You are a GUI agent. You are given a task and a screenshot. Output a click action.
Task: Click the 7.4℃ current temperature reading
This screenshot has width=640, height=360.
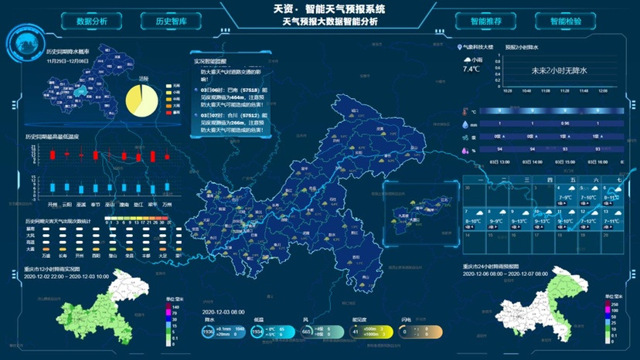pyautogui.click(x=471, y=69)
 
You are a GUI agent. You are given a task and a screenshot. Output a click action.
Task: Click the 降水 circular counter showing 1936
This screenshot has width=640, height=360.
pyautogui.click(x=207, y=331)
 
